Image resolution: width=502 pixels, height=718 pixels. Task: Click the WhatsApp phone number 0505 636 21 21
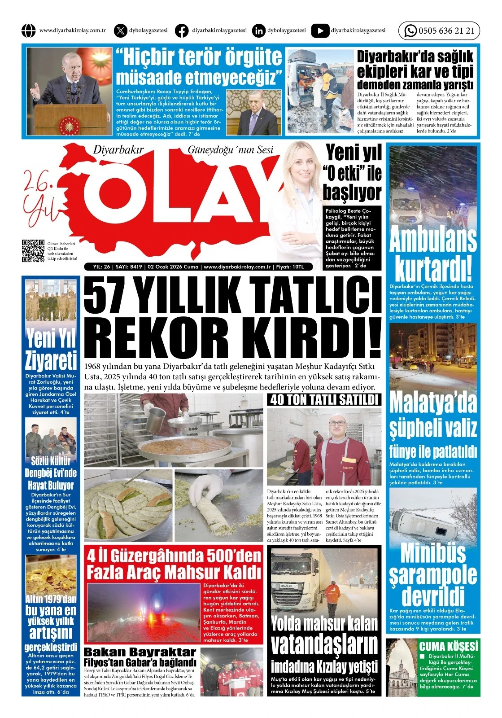click(446, 31)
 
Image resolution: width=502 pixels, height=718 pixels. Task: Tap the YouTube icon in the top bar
click(320, 31)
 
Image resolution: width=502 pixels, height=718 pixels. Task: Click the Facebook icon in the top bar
click(182, 31)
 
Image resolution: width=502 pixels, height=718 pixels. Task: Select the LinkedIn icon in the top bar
click(259, 31)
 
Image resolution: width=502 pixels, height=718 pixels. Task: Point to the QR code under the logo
click(33, 251)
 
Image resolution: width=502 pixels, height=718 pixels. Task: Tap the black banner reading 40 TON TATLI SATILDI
click(324, 399)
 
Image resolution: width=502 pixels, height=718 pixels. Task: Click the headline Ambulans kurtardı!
click(432, 254)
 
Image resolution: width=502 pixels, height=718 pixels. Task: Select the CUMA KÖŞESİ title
click(449, 647)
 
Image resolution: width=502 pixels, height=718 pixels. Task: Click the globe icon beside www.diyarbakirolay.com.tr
click(28, 31)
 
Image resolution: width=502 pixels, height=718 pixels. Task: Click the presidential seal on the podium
click(71, 123)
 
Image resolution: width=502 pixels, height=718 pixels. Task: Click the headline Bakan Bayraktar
click(140, 652)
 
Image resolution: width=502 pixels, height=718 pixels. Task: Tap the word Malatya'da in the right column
click(433, 402)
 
